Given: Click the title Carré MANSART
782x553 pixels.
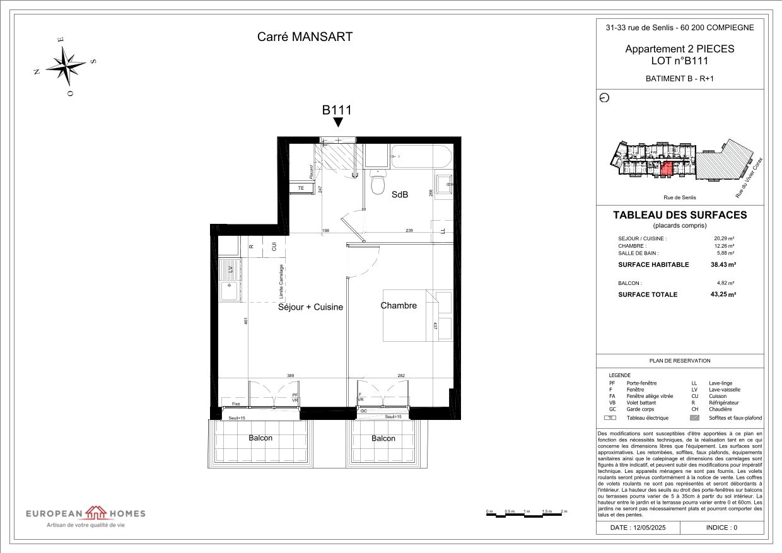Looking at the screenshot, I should point(305,37).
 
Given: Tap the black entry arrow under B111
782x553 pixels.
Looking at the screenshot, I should point(337,123).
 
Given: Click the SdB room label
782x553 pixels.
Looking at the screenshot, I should point(400,195).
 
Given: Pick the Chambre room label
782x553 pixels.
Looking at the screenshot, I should point(399,306).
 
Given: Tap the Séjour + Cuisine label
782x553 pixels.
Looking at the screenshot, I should point(310,307).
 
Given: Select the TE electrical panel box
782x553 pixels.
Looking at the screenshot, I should point(301,188).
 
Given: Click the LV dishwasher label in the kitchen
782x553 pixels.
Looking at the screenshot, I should point(230,269).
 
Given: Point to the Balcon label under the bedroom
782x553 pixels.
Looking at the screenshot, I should point(383,438).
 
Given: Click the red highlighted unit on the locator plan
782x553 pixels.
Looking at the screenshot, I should point(667,168).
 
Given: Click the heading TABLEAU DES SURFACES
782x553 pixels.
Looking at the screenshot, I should point(680,215).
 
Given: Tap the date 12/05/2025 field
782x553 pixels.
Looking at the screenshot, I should point(638,527).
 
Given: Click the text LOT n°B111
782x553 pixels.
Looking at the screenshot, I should point(679,61).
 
